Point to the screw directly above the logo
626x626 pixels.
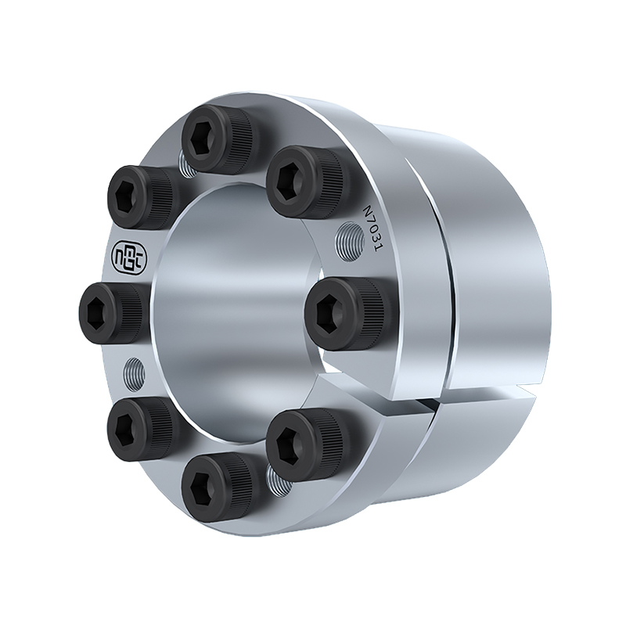click(141, 198)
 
